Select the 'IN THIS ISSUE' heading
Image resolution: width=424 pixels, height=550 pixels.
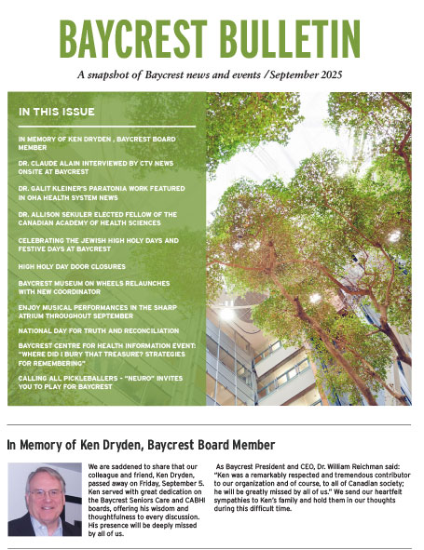click(x=57, y=113)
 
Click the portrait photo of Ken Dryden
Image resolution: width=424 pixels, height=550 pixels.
click(x=44, y=499)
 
